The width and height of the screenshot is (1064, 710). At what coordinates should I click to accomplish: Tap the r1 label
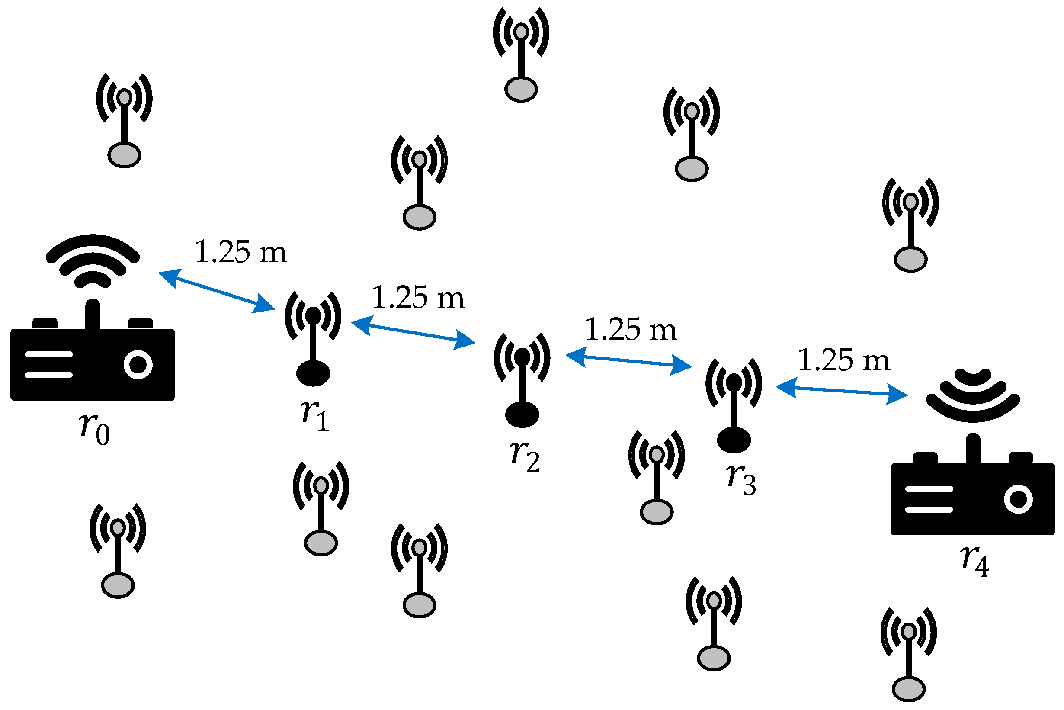point(315,415)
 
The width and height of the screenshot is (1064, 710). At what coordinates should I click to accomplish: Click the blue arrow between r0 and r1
point(217,292)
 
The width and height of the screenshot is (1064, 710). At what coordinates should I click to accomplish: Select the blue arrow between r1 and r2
point(413,333)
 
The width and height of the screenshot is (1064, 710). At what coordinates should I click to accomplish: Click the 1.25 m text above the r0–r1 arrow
point(241,252)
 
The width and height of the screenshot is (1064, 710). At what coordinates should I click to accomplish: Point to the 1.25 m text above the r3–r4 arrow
point(844,361)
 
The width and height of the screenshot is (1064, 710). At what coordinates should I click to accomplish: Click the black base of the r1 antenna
point(313,373)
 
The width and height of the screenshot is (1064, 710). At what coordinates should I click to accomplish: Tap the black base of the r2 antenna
point(522,415)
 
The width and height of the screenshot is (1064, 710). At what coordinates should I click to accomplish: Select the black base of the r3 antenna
point(734,440)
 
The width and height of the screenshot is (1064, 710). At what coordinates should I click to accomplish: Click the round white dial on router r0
point(138,364)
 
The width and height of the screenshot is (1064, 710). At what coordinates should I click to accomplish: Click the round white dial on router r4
point(1019,499)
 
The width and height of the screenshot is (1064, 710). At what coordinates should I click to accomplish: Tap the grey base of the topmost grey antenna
point(521,89)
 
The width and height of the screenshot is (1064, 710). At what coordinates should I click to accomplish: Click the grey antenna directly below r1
point(321,508)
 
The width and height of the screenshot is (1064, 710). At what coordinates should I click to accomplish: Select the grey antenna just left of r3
point(657,477)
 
